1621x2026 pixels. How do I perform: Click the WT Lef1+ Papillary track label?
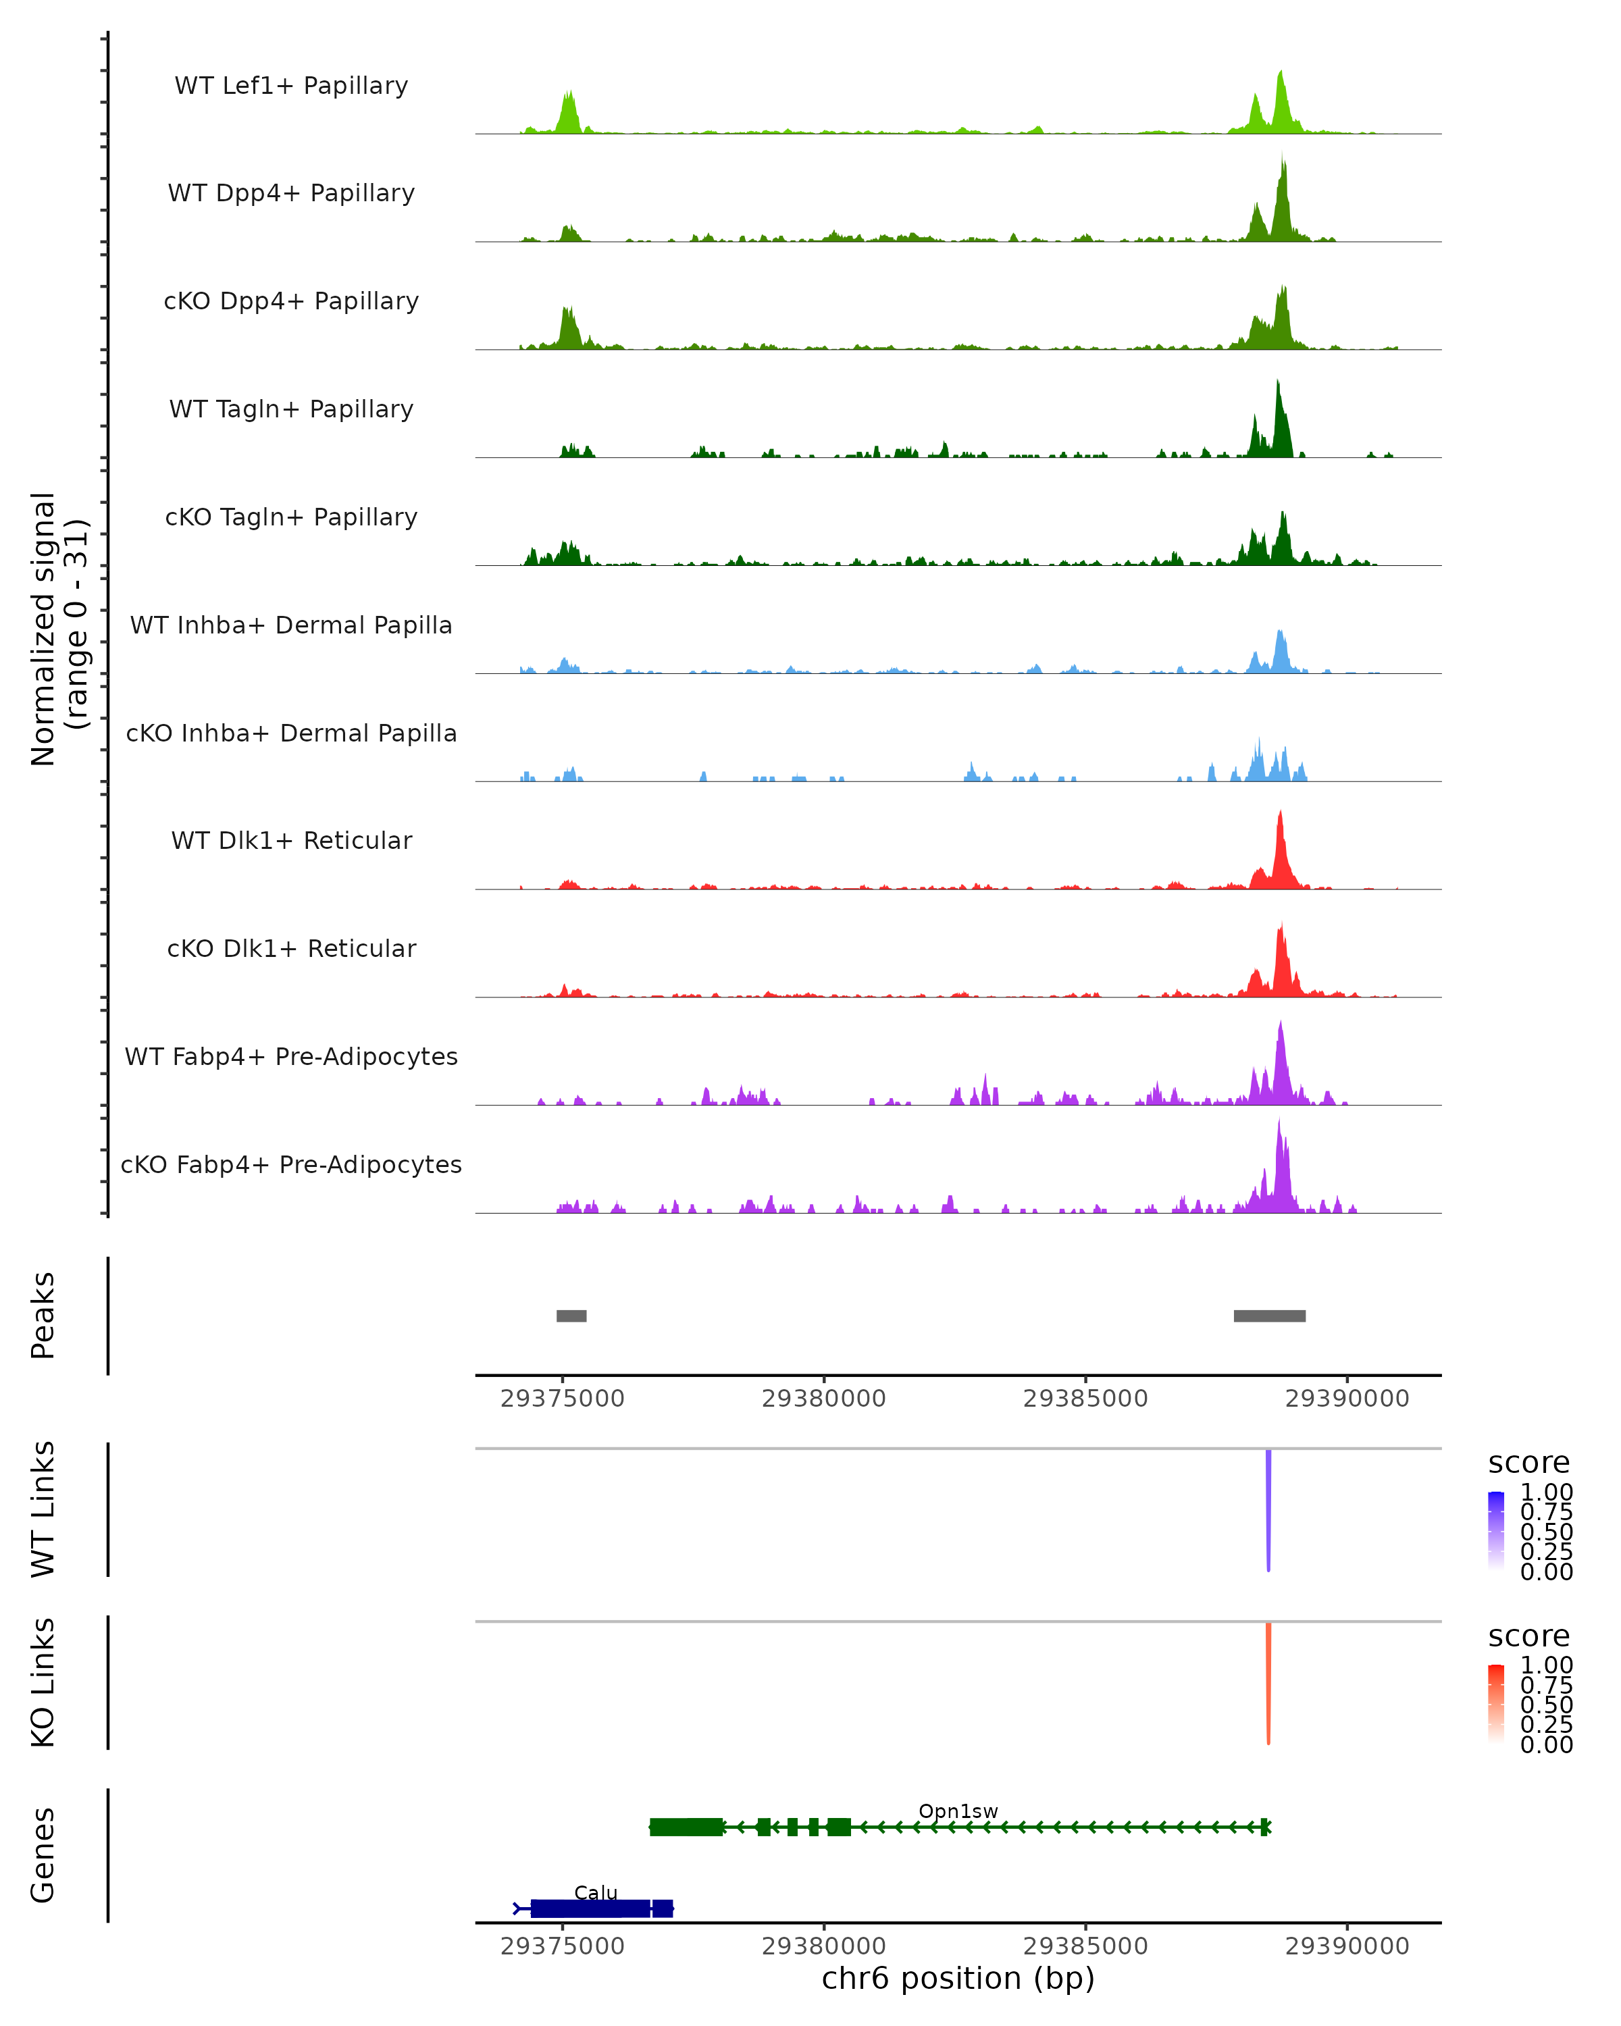[x=291, y=86]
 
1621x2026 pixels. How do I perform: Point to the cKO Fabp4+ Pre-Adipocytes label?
[x=291, y=1164]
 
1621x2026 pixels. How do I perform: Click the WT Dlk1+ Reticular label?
[x=291, y=840]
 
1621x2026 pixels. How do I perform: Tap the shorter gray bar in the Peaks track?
[x=571, y=1316]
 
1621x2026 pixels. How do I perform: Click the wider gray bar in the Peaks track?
[x=1270, y=1316]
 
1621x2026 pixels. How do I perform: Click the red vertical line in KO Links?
[x=1268, y=1682]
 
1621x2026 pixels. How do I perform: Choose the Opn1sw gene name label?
[x=958, y=1811]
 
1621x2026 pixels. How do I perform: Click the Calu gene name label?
[x=596, y=1892]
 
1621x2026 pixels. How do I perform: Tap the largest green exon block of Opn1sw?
[x=687, y=1827]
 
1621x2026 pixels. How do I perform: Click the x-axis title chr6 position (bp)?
[x=958, y=1978]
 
